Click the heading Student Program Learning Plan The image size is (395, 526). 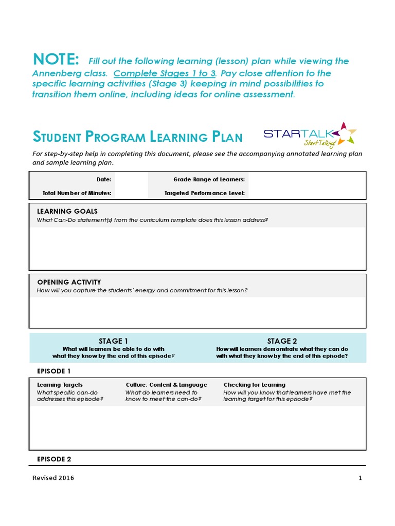click(138, 137)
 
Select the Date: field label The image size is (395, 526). click(104, 179)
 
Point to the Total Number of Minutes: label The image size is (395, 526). click(77, 193)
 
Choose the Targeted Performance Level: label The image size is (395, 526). click(205, 193)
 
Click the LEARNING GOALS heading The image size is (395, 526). click(67, 211)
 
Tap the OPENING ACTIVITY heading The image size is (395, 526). click(69, 282)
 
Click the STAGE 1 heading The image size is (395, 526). click(113, 341)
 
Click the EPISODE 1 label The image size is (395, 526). click(54, 371)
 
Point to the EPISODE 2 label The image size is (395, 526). click(54, 459)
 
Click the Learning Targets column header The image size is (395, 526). click(60, 385)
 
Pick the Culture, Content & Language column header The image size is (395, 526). click(166, 385)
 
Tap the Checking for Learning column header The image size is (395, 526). click(254, 385)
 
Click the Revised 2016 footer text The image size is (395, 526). click(53, 478)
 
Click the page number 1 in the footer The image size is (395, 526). click(361, 478)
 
